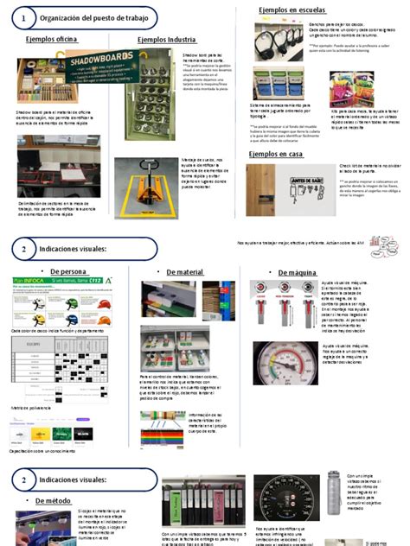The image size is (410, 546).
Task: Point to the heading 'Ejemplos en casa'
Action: click(x=276, y=153)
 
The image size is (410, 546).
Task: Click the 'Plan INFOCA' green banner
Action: click(x=61, y=282)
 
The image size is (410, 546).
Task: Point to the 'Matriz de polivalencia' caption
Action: click(x=32, y=407)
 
